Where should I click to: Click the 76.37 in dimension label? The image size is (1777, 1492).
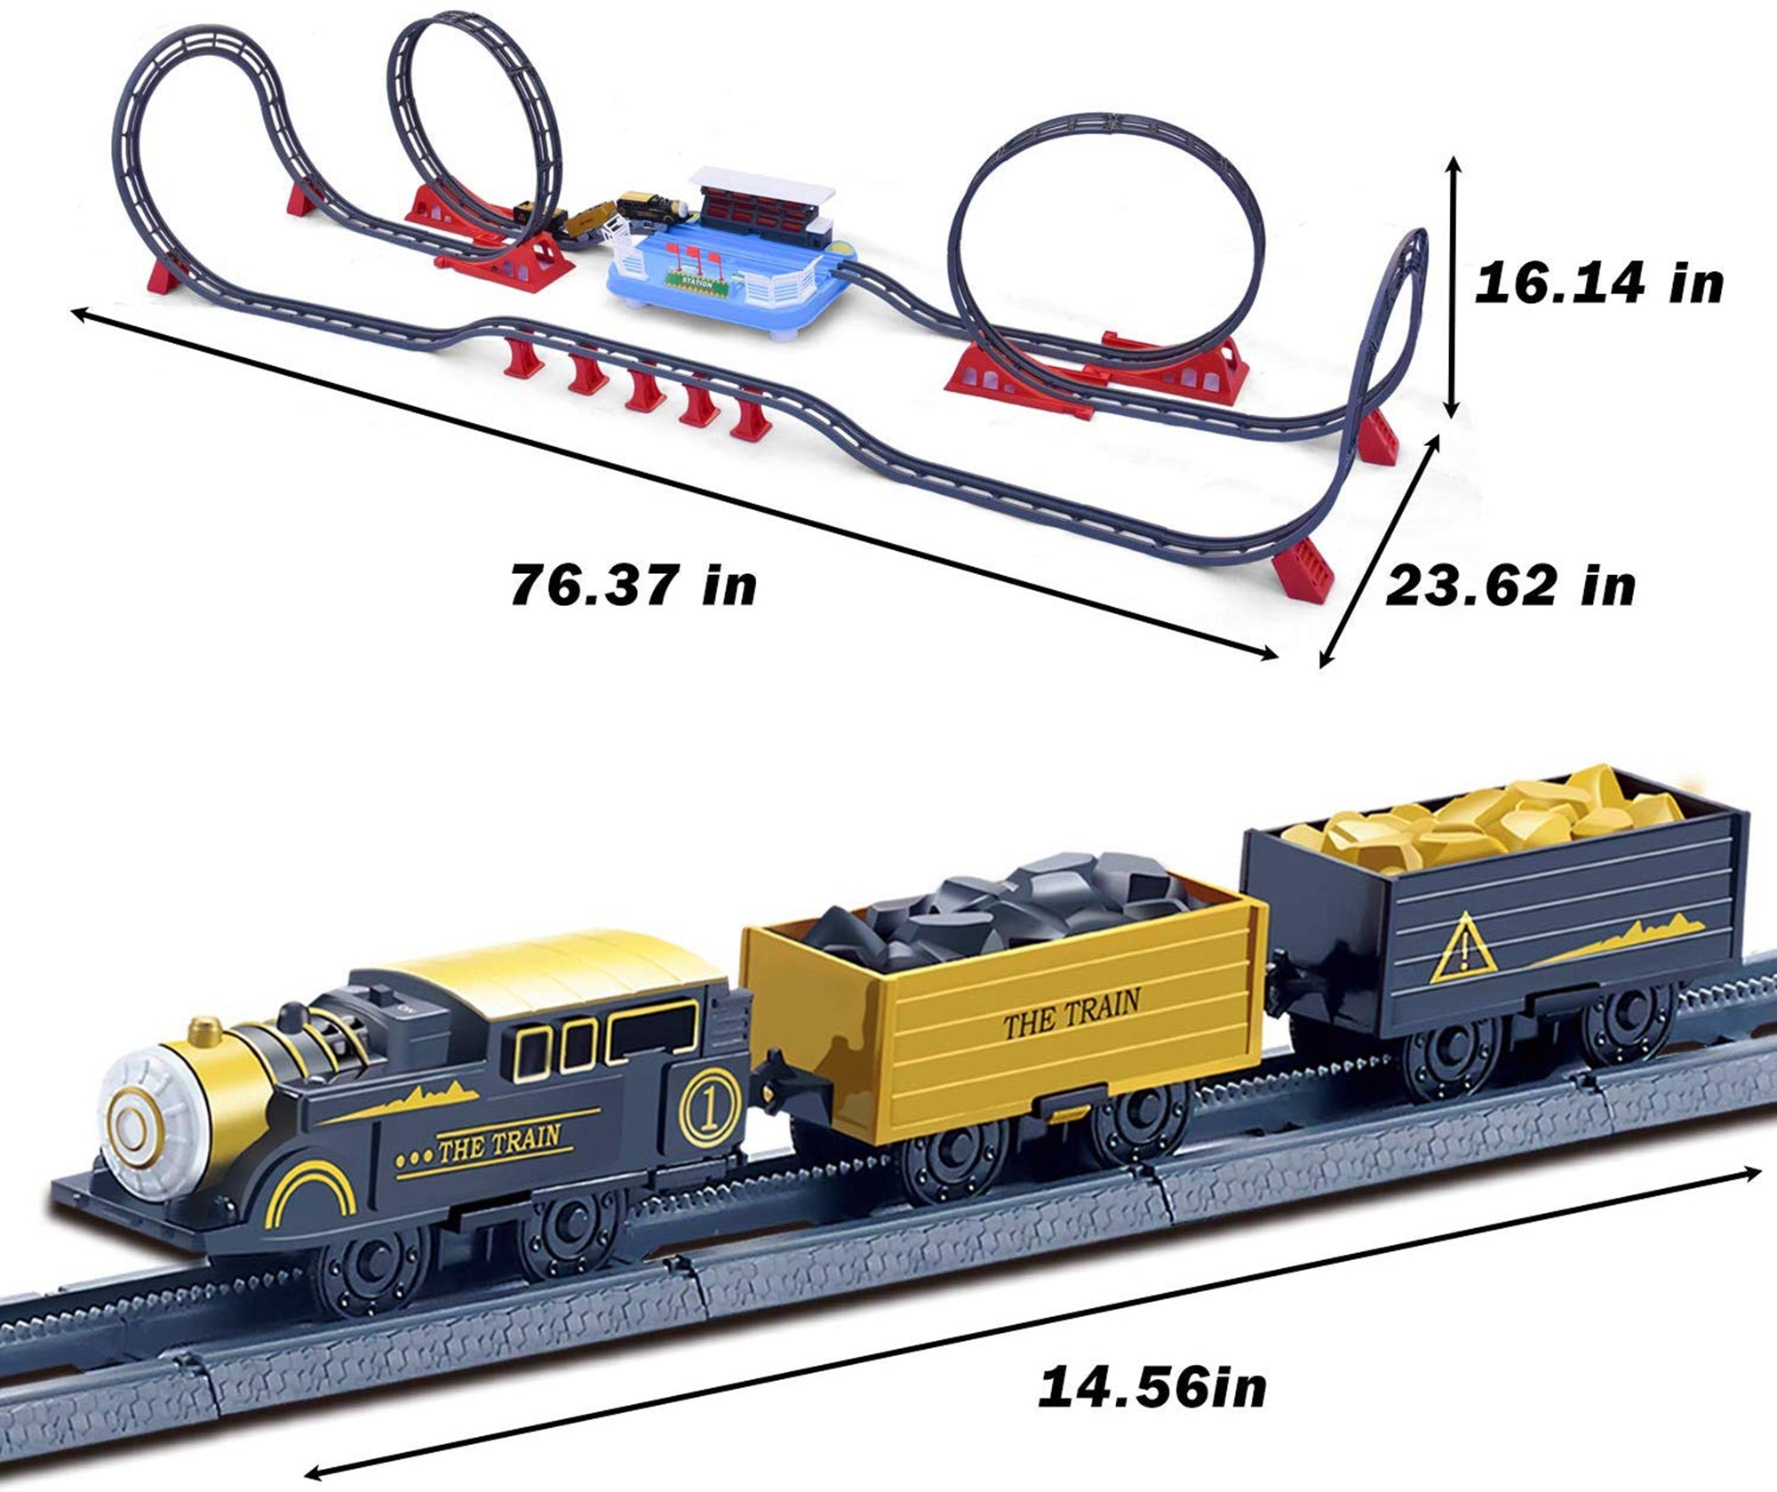(633, 586)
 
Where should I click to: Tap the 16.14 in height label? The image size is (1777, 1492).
(1598, 285)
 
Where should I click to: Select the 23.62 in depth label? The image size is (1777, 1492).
(1510, 586)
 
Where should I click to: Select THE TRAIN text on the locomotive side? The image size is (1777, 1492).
(498, 1144)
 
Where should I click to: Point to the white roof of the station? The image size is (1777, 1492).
(764, 184)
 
